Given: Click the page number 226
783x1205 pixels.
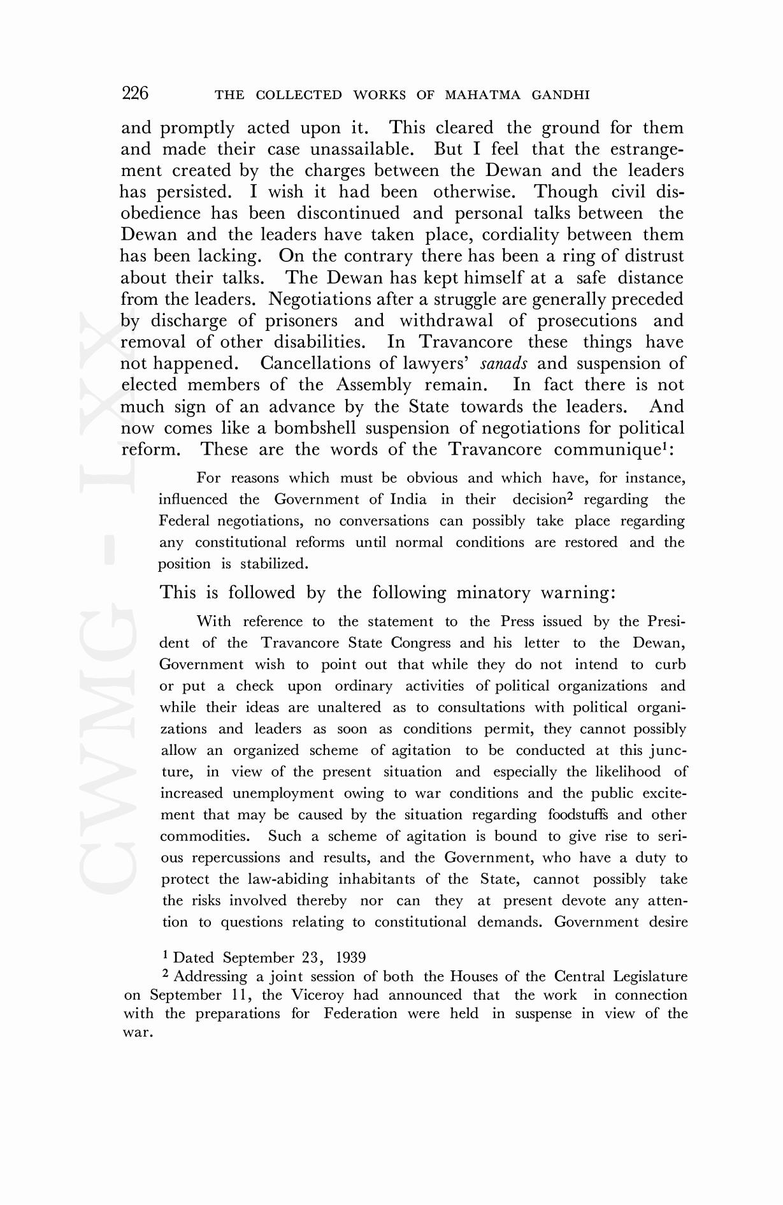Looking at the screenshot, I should coord(135,94).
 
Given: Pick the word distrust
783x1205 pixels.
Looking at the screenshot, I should coord(650,256).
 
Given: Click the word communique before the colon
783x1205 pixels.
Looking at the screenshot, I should coord(605,450).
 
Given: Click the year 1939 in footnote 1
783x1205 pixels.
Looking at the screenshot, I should coord(350,958).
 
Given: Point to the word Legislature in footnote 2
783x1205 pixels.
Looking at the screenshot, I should coord(650,977).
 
